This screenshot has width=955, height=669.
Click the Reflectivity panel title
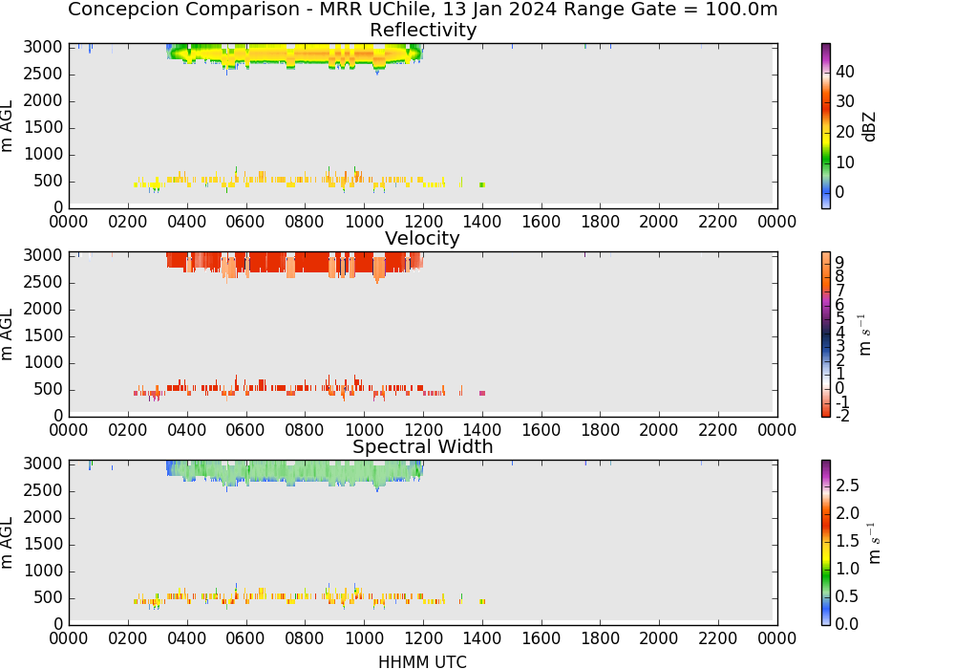click(423, 30)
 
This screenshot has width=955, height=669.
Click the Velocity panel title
click(422, 238)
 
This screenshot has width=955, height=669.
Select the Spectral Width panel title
click(423, 446)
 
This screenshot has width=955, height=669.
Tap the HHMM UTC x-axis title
click(423, 661)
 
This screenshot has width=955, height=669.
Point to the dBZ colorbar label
click(869, 127)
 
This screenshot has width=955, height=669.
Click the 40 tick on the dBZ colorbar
click(845, 72)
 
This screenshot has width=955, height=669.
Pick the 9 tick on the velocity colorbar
click(839, 263)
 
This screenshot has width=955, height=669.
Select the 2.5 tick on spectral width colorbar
click(847, 486)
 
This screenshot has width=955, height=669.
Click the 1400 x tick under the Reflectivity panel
click(482, 222)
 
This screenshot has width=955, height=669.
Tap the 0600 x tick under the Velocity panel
click(246, 430)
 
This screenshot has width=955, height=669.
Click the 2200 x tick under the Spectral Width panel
click(718, 638)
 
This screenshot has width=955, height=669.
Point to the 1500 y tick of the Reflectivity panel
click(43, 127)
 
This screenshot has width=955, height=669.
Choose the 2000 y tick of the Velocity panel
click(43, 309)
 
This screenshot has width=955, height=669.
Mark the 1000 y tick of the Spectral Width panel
click(43, 571)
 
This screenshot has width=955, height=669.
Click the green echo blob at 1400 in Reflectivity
click(482, 184)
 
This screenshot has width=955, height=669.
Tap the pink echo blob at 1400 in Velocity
click(482, 394)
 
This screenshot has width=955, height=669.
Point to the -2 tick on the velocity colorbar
click(842, 417)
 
